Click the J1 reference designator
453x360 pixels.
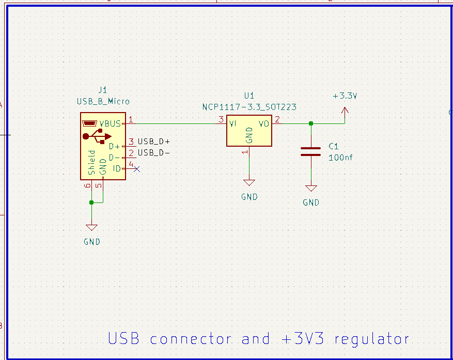103,90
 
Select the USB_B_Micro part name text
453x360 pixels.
103,101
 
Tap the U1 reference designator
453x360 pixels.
249,96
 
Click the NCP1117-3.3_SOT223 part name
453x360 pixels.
249,107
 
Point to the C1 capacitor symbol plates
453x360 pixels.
310,151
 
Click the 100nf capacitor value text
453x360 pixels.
340,158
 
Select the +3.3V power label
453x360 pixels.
345,96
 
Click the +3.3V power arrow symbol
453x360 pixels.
345,111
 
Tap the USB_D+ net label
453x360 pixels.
154,142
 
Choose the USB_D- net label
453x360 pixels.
154,153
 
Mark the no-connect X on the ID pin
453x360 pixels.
137,168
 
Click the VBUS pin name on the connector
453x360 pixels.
110,123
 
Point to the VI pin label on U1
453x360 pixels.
233,124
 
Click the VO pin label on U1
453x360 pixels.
264,124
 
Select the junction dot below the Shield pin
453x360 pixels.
91,202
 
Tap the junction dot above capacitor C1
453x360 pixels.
310,123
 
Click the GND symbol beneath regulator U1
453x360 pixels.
249,183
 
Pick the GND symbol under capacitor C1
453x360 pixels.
311,189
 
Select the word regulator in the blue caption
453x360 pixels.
371,339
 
